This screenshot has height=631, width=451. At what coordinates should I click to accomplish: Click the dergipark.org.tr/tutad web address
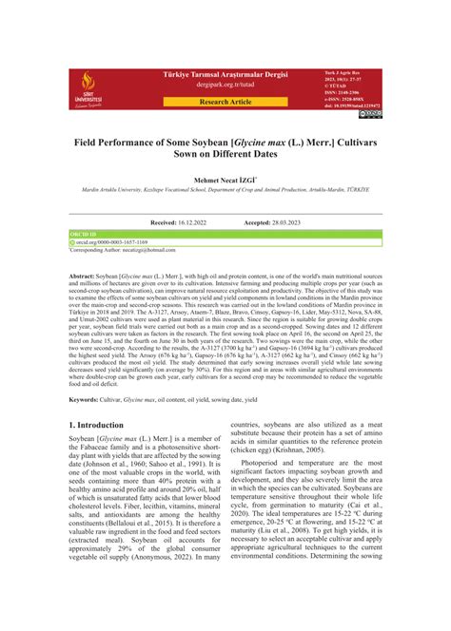click(225, 84)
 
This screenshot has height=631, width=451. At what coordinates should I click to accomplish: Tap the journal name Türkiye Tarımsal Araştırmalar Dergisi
click(225, 72)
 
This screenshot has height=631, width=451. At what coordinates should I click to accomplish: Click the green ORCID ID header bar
click(225, 233)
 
